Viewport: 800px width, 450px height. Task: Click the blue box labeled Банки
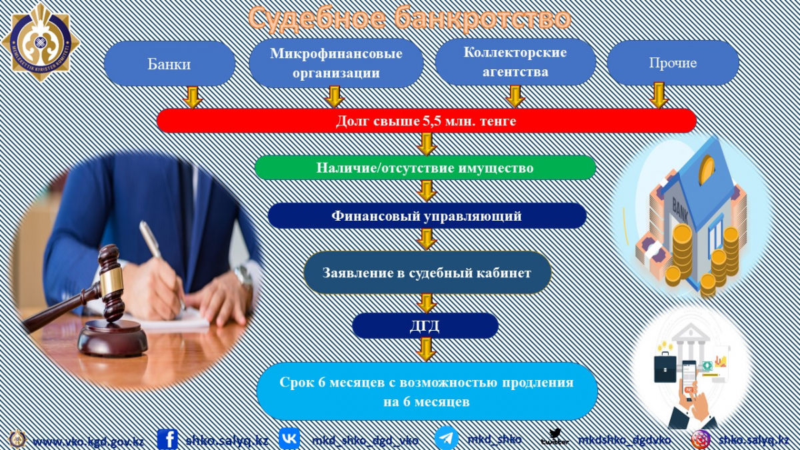(x=169, y=63)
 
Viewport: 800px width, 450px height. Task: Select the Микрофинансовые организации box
(x=336, y=63)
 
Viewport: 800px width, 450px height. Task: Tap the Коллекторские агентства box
(x=515, y=62)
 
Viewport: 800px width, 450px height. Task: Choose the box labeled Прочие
(x=673, y=63)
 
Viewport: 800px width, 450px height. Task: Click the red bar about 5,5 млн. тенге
(x=427, y=121)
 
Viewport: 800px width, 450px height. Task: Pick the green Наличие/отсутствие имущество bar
(x=425, y=167)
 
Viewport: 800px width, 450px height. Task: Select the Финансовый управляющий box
(x=427, y=216)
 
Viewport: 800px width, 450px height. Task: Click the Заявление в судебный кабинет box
(x=427, y=273)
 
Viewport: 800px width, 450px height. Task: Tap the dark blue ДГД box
(x=425, y=326)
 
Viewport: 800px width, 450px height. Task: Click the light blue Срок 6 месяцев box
(x=427, y=391)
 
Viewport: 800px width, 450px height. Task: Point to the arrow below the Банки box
(x=193, y=97)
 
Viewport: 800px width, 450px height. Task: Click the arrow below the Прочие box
(x=659, y=95)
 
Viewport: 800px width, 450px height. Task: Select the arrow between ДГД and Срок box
(x=426, y=349)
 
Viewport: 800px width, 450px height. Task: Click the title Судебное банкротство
(x=409, y=18)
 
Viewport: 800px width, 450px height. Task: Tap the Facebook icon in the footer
(x=167, y=439)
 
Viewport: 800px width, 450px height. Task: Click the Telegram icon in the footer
(x=447, y=438)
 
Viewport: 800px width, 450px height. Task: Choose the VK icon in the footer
(x=289, y=438)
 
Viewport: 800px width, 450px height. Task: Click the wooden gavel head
(x=111, y=283)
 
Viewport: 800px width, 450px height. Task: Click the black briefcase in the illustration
(x=665, y=368)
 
